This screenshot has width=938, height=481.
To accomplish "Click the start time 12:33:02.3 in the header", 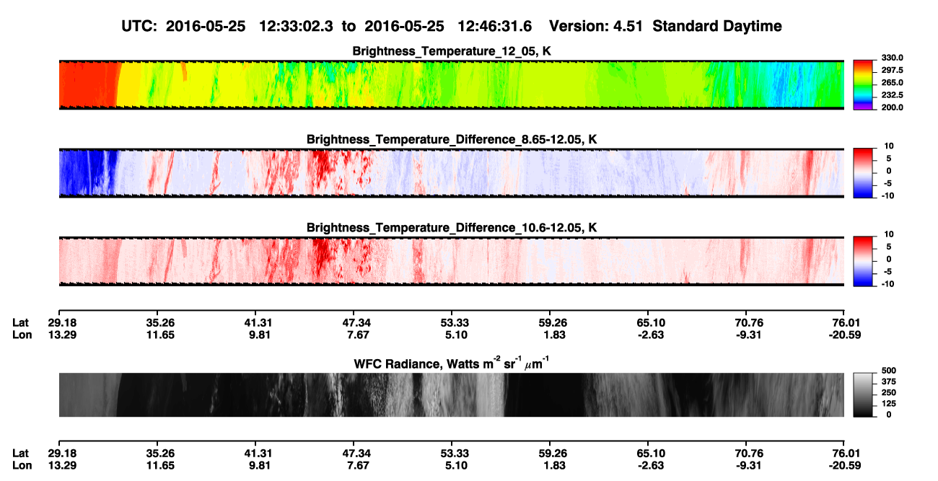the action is point(296,27).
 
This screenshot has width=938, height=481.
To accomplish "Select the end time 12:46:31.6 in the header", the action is point(494,27).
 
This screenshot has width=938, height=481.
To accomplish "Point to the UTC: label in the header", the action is point(139,27).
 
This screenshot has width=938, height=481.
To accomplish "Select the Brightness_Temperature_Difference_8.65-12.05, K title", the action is point(452,139).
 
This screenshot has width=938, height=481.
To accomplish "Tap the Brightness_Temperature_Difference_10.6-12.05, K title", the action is point(452,228).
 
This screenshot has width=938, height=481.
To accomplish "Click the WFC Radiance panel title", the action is point(451,363).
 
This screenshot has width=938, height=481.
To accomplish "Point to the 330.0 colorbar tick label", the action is point(892,58).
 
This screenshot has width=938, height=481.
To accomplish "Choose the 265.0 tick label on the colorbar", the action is point(892,82).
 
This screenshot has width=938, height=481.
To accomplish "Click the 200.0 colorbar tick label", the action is point(892,107).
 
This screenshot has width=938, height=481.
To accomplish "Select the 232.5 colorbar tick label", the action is point(892,95).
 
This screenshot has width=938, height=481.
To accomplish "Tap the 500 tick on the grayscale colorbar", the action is point(889,371).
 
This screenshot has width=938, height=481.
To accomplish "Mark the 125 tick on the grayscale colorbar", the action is point(889,404).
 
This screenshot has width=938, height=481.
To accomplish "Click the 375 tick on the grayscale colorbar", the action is point(889,381).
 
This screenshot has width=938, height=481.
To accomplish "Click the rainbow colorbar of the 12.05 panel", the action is point(863,85).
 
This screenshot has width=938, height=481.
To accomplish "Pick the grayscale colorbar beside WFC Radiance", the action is point(863,394).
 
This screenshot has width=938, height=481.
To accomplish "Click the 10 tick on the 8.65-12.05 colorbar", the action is point(889,146).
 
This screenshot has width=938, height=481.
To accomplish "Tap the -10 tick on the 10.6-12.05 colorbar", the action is point(887,284).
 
